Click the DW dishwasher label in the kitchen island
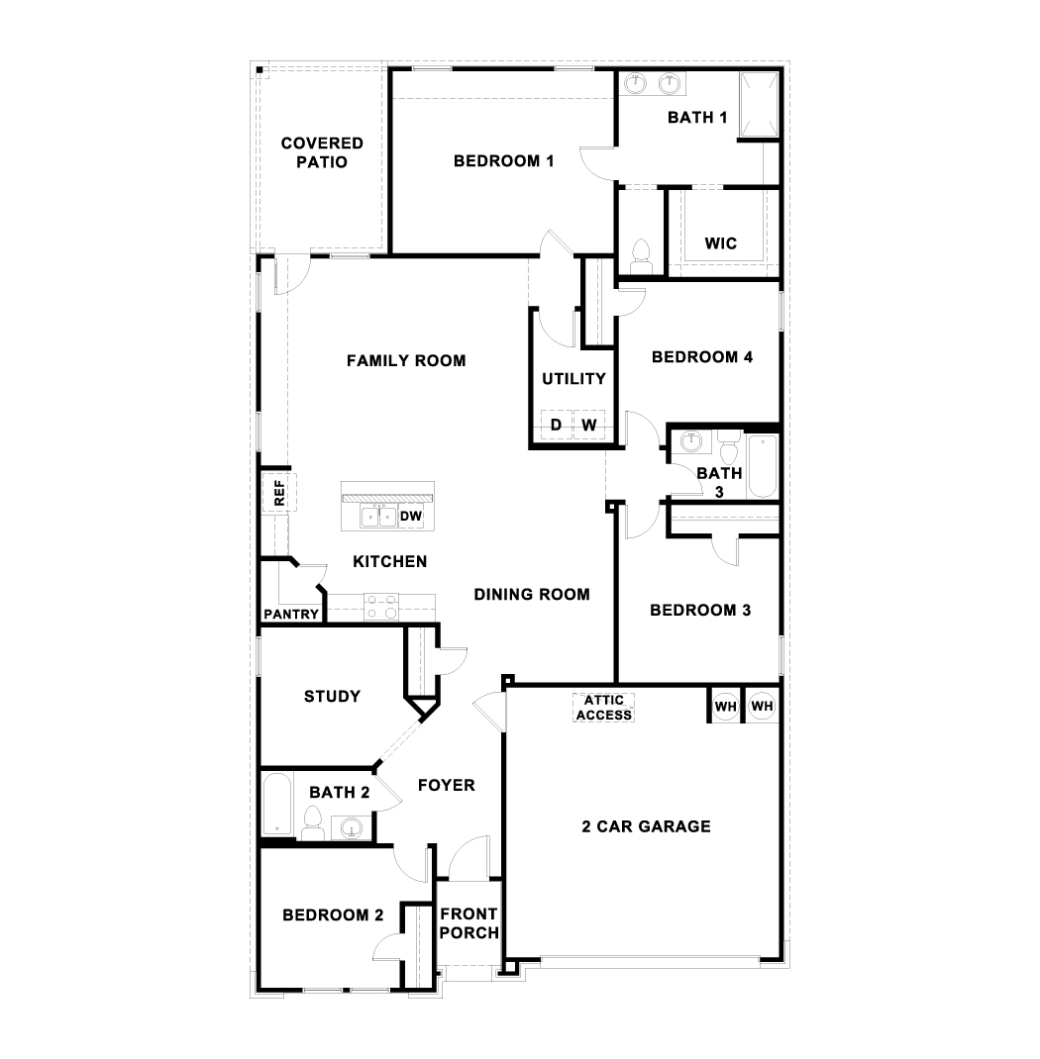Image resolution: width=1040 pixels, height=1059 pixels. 411,516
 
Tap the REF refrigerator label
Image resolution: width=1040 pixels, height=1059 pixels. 279,493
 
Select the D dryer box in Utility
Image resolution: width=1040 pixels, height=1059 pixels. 557,425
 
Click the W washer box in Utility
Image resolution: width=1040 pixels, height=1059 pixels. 589,425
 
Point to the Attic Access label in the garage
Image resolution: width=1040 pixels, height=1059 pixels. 604,707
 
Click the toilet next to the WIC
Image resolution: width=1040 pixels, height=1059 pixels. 640,256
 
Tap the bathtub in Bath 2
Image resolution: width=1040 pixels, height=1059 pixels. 277,806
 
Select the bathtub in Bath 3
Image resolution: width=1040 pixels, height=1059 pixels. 763,466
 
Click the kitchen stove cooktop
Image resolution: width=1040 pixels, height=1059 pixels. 381,607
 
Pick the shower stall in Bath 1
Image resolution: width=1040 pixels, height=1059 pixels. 759,105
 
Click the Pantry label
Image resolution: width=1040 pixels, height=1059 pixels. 291,614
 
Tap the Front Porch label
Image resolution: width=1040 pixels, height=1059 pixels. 468,923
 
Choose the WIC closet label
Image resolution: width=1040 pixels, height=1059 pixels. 720,243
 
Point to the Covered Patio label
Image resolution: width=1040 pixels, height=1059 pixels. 322,152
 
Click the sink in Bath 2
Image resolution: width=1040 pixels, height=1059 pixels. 352,827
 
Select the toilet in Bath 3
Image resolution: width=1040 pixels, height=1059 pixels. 728,447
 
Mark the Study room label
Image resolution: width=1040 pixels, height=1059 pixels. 332,697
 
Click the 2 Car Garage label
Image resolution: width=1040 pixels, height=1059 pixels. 646,826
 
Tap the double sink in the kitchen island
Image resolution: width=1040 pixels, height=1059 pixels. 378,517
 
